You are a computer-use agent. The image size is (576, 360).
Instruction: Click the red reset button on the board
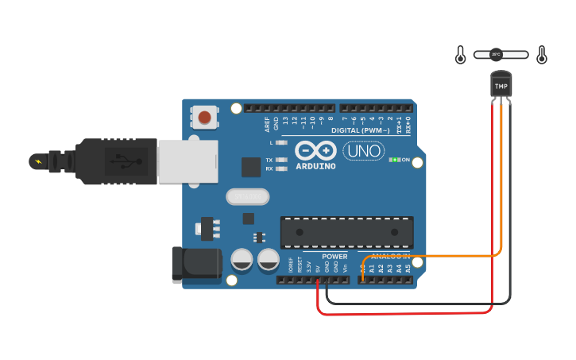tap(205, 118)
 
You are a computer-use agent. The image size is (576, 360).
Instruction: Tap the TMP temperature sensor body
tap(501, 85)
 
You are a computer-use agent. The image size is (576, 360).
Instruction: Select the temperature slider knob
tap(496, 55)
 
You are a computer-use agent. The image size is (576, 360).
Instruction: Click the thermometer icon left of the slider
tap(460, 55)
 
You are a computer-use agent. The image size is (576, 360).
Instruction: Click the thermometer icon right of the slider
tap(542, 55)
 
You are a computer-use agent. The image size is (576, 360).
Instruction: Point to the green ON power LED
tap(393, 160)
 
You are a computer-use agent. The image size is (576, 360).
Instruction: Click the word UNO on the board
tap(363, 150)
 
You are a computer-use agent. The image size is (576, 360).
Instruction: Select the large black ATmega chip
tap(346, 231)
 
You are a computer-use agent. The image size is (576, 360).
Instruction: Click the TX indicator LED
tap(280, 160)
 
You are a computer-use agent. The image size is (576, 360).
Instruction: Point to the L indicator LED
tap(280, 142)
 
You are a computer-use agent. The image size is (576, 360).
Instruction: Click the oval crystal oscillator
tap(248, 196)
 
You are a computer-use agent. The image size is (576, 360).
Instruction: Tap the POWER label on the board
tap(334, 257)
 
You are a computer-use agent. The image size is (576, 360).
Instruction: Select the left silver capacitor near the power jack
tap(242, 260)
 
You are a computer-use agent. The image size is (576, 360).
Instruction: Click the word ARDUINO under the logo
tap(316, 167)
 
